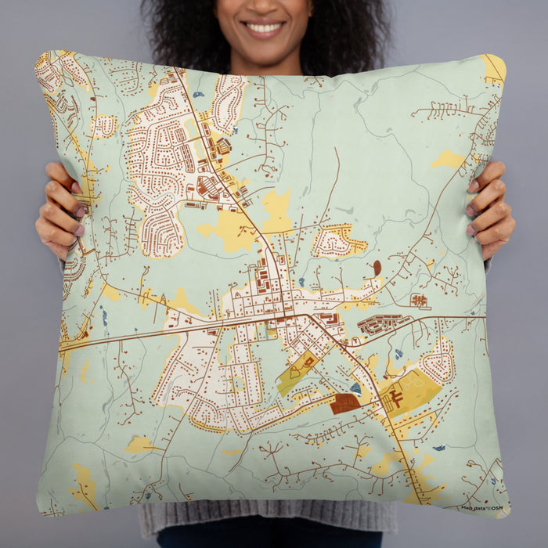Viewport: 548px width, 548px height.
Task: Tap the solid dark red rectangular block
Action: [344, 403]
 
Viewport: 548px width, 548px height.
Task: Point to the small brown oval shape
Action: [377, 268]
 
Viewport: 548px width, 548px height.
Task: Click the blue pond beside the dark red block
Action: [356, 388]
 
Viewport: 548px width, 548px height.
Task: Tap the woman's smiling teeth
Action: [264, 28]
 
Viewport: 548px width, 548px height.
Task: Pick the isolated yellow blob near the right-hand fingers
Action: [449, 160]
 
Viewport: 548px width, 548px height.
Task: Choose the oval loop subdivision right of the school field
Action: [438, 362]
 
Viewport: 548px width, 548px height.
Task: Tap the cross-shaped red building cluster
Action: [420, 299]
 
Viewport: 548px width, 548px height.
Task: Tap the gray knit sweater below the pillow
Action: [266, 520]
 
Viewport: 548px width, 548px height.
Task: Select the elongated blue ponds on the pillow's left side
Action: [103, 316]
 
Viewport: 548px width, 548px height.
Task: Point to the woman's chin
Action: [264, 49]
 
